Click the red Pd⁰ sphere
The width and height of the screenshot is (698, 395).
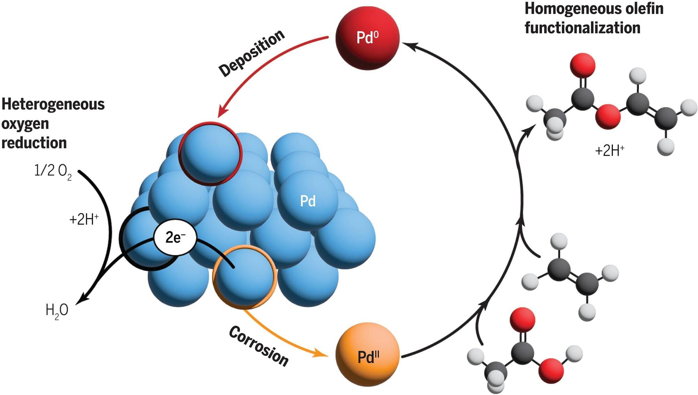click(x=367, y=38)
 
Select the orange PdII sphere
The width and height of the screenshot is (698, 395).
click(x=367, y=355)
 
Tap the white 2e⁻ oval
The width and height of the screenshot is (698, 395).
click(x=175, y=238)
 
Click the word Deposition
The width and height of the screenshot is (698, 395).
click(x=251, y=53)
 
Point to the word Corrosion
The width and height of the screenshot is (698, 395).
click(x=259, y=346)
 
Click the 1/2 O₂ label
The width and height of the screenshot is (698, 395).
click(x=53, y=171)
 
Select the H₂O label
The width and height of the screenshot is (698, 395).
click(x=57, y=310)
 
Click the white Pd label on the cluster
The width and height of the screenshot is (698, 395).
click(x=308, y=201)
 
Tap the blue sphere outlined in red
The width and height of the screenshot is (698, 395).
click(x=210, y=153)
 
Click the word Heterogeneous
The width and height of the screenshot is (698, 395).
click(x=53, y=104)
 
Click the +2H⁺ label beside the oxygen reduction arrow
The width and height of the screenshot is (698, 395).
click(x=84, y=219)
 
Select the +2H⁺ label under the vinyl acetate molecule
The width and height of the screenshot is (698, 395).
click(x=609, y=151)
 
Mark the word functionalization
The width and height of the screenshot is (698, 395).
click(x=582, y=28)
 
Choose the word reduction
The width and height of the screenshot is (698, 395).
click(x=34, y=143)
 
